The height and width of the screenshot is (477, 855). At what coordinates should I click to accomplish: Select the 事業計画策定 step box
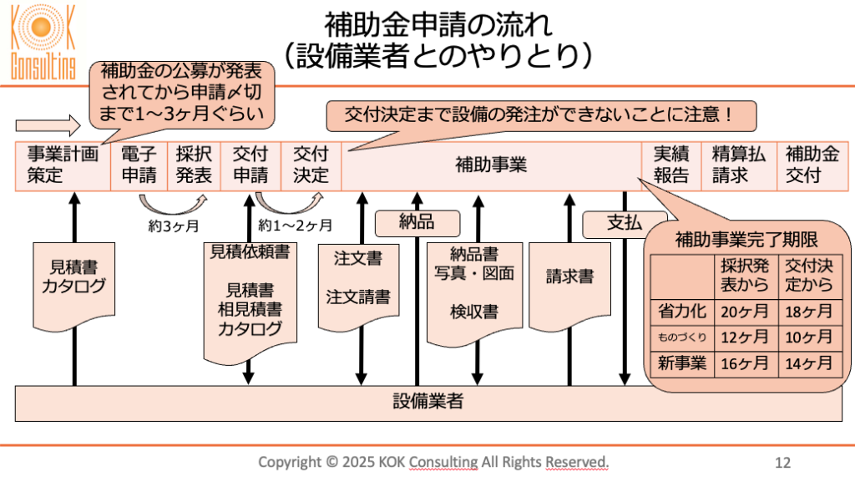pyautogui.click(x=63, y=165)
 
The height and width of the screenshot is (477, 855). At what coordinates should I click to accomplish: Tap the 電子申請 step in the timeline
pyautogui.click(x=139, y=165)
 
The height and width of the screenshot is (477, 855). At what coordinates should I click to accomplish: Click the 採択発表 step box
pyautogui.click(x=194, y=165)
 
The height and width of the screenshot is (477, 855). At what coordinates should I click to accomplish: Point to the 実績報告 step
pyautogui.click(x=670, y=165)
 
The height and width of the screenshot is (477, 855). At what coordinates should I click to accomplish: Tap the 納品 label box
pyautogui.click(x=417, y=222)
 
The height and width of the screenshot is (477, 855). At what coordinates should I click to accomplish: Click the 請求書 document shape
pyautogui.click(x=570, y=277)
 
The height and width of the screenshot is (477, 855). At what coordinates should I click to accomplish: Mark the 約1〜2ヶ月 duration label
pyautogui.click(x=296, y=225)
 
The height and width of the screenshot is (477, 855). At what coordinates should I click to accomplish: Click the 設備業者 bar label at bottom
pyautogui.click(x=427, y=402)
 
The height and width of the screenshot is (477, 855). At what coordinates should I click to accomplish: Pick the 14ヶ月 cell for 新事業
pyautogui.click(x=808, y=363)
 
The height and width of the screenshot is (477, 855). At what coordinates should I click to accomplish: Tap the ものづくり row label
pyautogui.click(x=680, y=337)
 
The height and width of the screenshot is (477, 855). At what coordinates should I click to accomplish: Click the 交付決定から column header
pyautogui.click(x=808, y=276)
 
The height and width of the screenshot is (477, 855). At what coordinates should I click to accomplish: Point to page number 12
pyautogui.click(x=782, y=462)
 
